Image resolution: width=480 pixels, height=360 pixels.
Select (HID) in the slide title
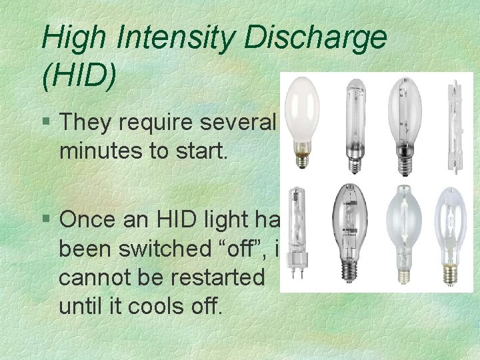[79, 75]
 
